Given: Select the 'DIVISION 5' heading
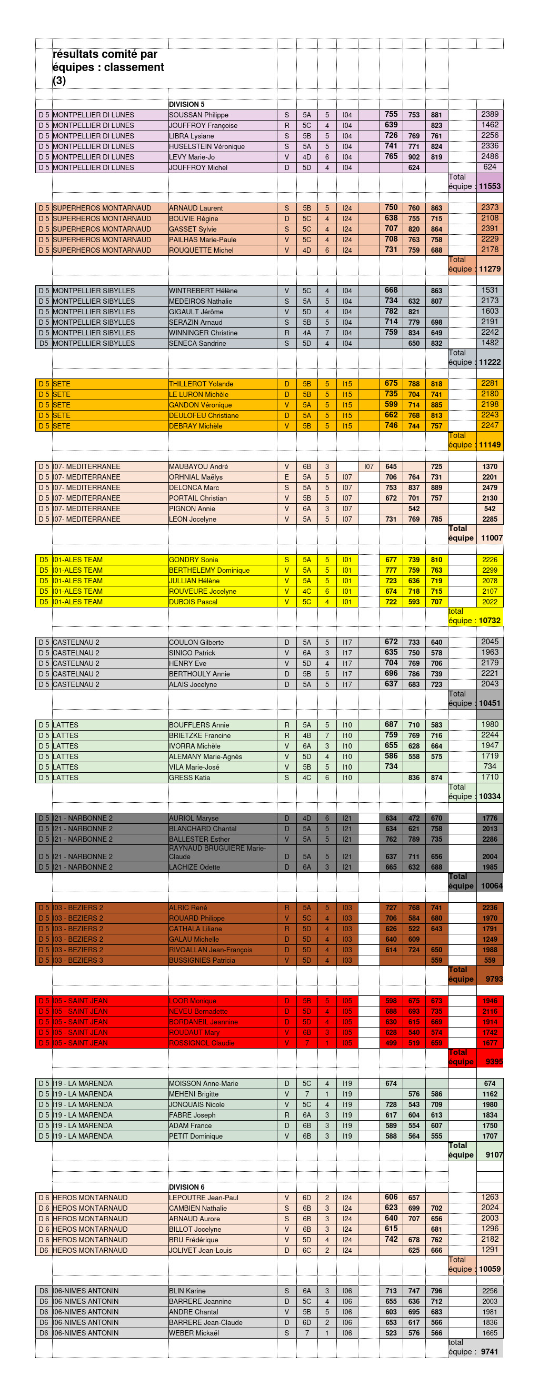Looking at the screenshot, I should pos(187,105).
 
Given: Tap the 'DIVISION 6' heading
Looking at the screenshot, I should pos(187,1187).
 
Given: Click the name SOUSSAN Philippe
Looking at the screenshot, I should pos(199,115).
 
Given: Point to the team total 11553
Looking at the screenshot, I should pos(490,186).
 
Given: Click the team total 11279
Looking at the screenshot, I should pos(490,269).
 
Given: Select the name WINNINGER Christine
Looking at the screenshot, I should pos(203,333).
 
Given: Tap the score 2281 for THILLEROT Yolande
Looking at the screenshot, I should pos(490,384).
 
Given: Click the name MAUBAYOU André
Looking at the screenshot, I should pos(198,466).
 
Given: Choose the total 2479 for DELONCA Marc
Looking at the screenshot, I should pos(490,488).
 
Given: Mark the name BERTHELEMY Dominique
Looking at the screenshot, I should pos(209,570).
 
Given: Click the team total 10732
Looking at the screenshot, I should pos(490,621).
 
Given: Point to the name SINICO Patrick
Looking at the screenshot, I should pos(192,653).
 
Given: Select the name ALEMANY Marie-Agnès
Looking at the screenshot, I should pos(205,756).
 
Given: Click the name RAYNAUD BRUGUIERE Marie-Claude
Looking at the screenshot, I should pos(217,852).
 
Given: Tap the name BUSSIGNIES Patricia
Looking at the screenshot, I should pos(202,960).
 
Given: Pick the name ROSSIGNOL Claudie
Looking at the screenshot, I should pos(202,1043).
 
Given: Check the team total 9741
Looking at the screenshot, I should pos(489,1352).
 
